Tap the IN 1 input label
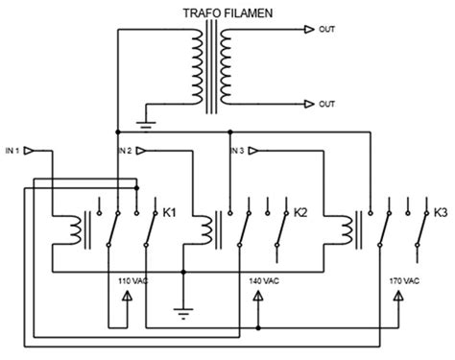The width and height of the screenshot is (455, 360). (12, 151)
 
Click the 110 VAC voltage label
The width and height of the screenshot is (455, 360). (131, 280)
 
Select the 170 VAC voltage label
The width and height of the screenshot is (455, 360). (404, 280)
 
